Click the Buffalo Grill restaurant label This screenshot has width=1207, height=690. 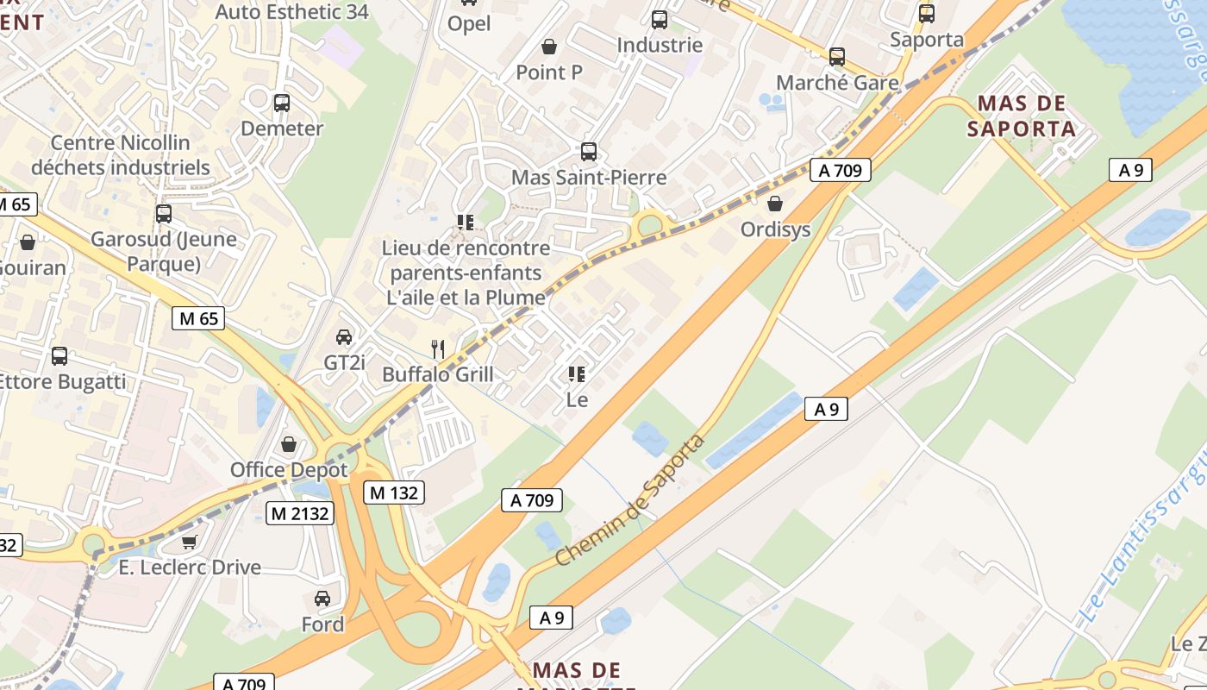(438, 374)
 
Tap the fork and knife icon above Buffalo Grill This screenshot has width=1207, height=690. (438, 348)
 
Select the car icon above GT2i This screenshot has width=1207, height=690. (344, 336)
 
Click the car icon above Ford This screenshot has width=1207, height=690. (322, 598)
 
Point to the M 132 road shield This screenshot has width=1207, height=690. (394, 492)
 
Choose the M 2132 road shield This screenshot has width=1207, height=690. (299, 513)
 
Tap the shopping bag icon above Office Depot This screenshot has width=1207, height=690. (289, 444)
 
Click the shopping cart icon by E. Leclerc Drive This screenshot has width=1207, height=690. (190, 542)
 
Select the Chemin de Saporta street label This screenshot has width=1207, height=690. (630, 500)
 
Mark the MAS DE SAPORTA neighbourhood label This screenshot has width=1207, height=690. (1022, 116)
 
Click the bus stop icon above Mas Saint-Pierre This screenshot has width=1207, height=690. (589, 152)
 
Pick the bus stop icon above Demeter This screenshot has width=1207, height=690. (282, 103)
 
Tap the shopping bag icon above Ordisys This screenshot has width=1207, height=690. (775, 204)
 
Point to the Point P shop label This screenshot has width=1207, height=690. (549, 72)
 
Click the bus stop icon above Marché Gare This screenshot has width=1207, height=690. (837, 57)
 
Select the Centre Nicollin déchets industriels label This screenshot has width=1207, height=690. (121, 154)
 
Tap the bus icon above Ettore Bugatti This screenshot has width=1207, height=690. (59, 355)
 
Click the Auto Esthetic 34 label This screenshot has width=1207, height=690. (291, 12)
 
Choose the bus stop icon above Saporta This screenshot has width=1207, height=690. (927, 14)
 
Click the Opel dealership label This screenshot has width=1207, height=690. (469, 23)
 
